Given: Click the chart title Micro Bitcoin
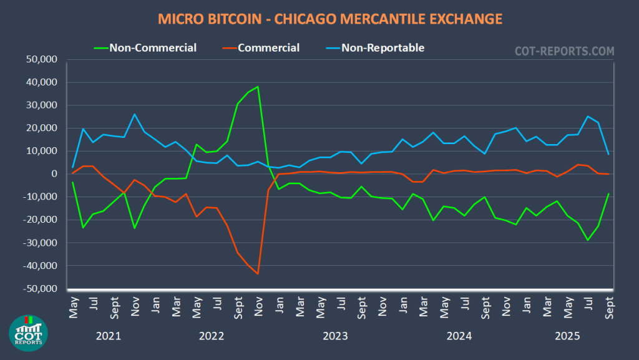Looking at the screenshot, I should click(x=329, y=19).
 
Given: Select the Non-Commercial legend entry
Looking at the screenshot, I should click(x=152, y=47).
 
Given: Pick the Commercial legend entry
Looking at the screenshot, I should click(x=268, y=47).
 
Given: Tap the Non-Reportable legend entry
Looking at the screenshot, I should click(x=383, y=47).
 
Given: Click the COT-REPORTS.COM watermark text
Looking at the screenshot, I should click(x=563, y=51).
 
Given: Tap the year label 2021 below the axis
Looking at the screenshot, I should click(x=109, y=336).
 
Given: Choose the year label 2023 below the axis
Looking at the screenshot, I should click(x=335, y=336).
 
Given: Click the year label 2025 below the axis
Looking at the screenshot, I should click(x=568, y=336).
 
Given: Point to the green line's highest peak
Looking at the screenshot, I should click(x=258, y=87).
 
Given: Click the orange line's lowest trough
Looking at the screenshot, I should click(x=258, y=274).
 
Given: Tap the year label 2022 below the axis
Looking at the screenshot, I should click(x=212, y=336).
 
